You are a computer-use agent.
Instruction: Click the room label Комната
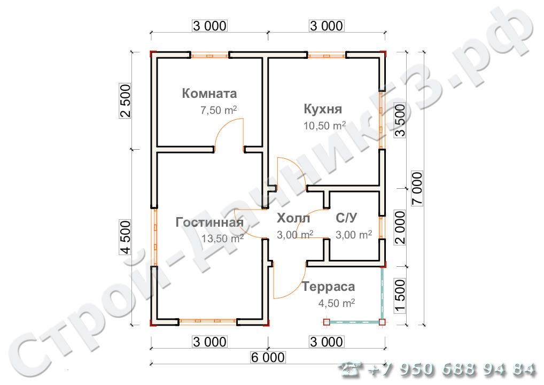[x=209, y=94]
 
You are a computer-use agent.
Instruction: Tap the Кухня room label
[x=323, y=110]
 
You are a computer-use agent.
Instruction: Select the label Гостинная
[x=209, y=222]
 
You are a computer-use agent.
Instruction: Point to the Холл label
[x=293, y=218]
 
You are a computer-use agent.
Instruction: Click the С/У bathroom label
[x=346, y=218]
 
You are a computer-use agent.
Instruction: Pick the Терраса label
[x=328, y=287]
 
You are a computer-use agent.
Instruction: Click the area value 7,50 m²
[x=219, y=111]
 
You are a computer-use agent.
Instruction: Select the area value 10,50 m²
[x=324, y=126]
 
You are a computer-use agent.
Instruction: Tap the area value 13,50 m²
[x=223, y=238]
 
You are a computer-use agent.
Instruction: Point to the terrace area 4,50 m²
[x=337, y=303]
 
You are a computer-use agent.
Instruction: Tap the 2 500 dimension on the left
[x=126, y=102]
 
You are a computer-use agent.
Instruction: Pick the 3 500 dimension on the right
[x=400, y=120]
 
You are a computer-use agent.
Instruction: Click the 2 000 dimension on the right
[x=400, y=227]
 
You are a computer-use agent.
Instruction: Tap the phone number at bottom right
[x=438, y=369]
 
